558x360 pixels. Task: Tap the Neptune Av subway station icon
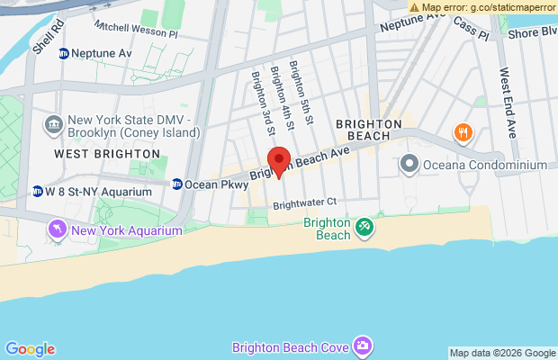[x=64, y=53]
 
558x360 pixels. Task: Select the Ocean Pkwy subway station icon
[x=177, y=184]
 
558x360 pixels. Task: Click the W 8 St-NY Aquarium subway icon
[x=38, y=192]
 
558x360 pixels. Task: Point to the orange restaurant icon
[x=463, y=133]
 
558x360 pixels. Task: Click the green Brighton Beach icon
[x=364, y=228]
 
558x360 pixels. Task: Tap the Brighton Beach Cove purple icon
[x=362, y=346]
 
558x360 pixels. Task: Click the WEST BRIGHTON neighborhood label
[x=106, y=154]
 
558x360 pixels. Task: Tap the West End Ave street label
[x=508, y=102]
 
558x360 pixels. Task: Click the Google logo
[x=30, y=349]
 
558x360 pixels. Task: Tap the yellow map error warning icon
[x=415, y=6]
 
